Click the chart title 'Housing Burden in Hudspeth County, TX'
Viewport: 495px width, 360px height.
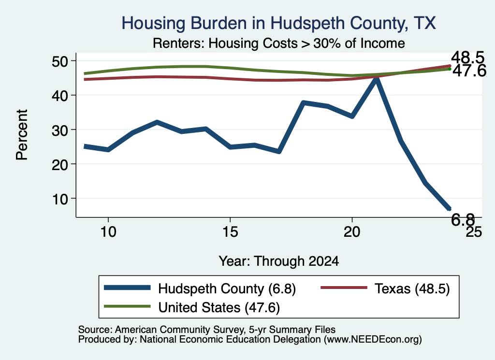tap(278, 23)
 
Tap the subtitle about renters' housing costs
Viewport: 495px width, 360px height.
tap(279, 43)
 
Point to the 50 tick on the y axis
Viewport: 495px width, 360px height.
tap(60, 61)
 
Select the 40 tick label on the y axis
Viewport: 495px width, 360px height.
tap(60, 95)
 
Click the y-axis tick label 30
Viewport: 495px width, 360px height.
tap(60, 130)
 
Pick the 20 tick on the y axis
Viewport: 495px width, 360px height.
tap(60, 164)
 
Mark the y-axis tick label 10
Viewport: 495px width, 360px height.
tap(60, 199)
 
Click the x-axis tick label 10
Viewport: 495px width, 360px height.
tap(108, 232)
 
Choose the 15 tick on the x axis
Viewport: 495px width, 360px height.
tap(230, 232)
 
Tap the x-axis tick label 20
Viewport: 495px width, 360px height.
tap(352, 232)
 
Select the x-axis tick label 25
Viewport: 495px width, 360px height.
tap(474, 232)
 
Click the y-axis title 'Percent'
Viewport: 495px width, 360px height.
tap(22, 135)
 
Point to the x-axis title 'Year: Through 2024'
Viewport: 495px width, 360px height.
tap(279, 261)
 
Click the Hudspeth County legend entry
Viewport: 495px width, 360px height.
tap(200, 288)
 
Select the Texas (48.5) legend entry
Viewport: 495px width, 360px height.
tap(385, 288)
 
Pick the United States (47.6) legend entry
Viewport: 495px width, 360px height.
tap(191, 307)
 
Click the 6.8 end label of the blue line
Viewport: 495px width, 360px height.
tap(463, 219)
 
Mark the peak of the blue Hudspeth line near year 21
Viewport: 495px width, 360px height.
tap(376, 79)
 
